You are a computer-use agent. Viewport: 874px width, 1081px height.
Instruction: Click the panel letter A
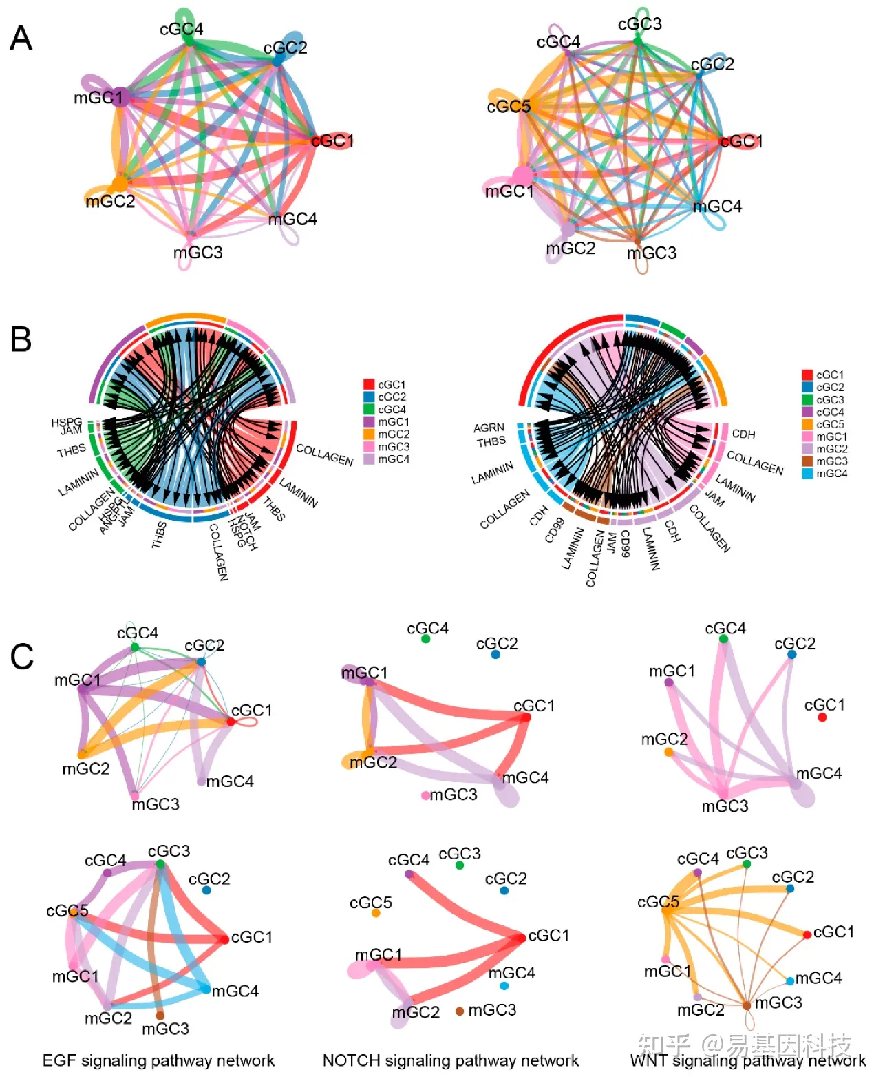point(21,39)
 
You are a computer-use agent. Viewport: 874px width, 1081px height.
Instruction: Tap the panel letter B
point(21,339)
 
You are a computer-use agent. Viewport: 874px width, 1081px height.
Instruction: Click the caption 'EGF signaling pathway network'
point(158,1060)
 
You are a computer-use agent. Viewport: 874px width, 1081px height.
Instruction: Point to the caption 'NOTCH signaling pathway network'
point(451,1060)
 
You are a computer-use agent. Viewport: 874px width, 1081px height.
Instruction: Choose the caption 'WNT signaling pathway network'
point(748,1060)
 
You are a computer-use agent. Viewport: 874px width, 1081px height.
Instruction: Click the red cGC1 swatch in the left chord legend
point(369,384)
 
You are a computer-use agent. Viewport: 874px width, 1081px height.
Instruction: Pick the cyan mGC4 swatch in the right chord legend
point(807,474)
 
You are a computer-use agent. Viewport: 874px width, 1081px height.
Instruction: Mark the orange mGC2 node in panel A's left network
point(120,184)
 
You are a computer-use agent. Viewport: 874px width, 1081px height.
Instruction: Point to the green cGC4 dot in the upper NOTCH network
point(426,639)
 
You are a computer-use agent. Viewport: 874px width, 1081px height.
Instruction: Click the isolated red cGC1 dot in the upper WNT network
point(822,717)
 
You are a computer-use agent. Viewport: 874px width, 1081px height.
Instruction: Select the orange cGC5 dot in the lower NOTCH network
point(376,913)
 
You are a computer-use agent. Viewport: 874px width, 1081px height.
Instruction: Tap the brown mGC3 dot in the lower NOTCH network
point(460,1011)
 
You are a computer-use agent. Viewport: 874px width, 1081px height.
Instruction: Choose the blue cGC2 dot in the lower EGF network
point(206,890)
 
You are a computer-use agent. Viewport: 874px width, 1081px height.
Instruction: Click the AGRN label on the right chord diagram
point(489,428)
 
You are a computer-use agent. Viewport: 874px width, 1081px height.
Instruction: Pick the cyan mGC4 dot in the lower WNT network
point(791,980)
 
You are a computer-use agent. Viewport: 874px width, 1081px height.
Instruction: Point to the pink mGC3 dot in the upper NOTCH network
point(426,795)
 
